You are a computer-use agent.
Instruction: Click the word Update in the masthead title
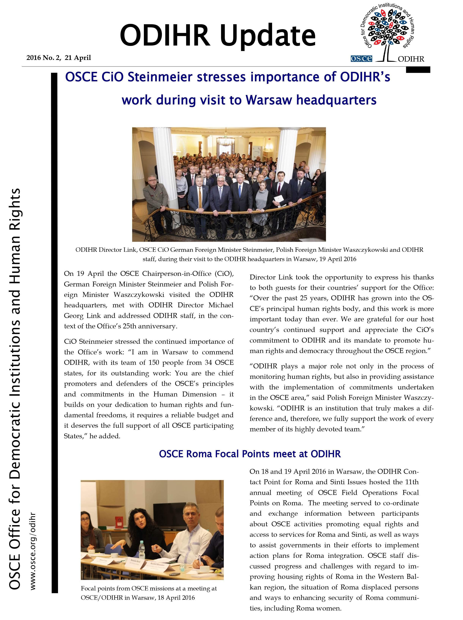click(x=268, y=36)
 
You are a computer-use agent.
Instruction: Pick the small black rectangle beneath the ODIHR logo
click(x=418, y=70)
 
